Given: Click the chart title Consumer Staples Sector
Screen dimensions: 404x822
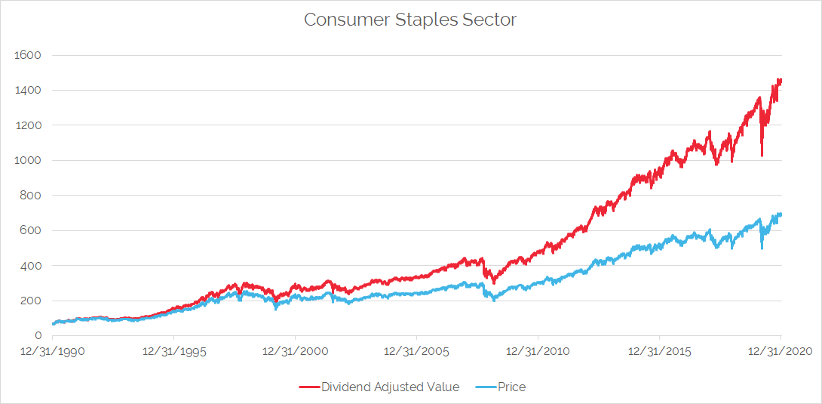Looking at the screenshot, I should pyautogui.click(x=410, y=20).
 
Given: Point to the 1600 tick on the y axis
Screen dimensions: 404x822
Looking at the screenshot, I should pyautogui.click(x=27, y=55).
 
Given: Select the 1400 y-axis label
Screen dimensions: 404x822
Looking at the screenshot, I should pyautogui.click(x=27, y=91).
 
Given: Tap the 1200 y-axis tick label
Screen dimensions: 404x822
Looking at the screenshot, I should pyautogui.click(x=27, y=125).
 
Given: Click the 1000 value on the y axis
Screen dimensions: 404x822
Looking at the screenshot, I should pyautogui.click(x=27, y=160).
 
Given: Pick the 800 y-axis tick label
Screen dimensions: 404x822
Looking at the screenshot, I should pyautogui.click(x=30, y=196).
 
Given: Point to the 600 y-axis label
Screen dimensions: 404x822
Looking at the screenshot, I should pyautogui.click(x=30, y=230).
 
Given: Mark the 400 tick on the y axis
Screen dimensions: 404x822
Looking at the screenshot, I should pyautogui.click(x=30, y=266).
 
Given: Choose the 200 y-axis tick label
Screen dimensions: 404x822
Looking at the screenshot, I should pyautogui.click(x=30, y=301).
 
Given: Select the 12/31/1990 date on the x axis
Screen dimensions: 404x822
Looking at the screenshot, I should pyautogui.click(x=53, y=352).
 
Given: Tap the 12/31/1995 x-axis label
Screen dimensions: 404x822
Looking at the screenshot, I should pyautogui.click(x=174, y=352).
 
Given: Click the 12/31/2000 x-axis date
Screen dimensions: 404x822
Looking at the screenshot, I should pyautogui.click(x=296, y=352).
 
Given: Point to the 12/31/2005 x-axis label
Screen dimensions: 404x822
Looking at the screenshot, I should pyautogui.click(x=417, y=352).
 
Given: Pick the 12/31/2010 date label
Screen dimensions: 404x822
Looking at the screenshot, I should pyautogui.click(x=538, y=352).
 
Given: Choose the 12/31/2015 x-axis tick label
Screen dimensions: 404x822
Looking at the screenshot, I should pyautogui.click(x=659, y=352).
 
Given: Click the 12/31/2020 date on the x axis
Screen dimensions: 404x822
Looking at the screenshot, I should pyautogui.click(x=781, y=352).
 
